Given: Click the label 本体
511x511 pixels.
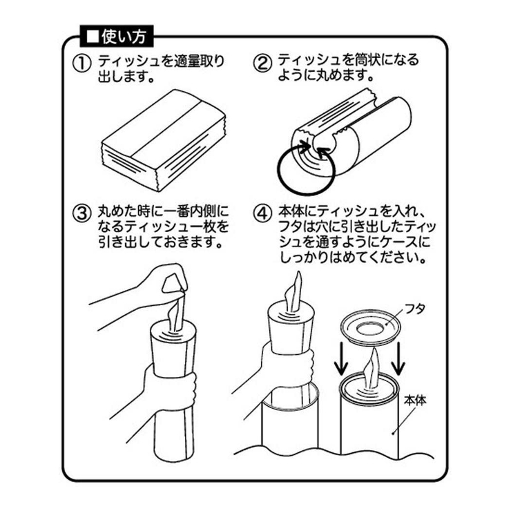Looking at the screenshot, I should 414,400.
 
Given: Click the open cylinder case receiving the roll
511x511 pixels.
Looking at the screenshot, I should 290,421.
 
